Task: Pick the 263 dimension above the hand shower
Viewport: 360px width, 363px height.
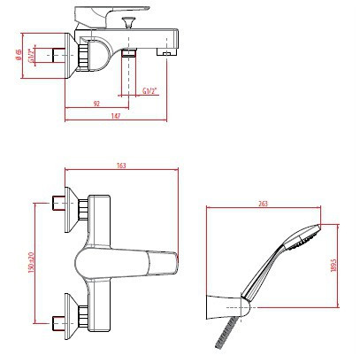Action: [264, 204]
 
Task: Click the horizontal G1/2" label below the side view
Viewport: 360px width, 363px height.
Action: [153, 89]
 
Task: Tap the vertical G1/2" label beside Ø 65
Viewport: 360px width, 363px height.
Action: [33, 56]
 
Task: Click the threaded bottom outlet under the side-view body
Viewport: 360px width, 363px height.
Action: [128, 56]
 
